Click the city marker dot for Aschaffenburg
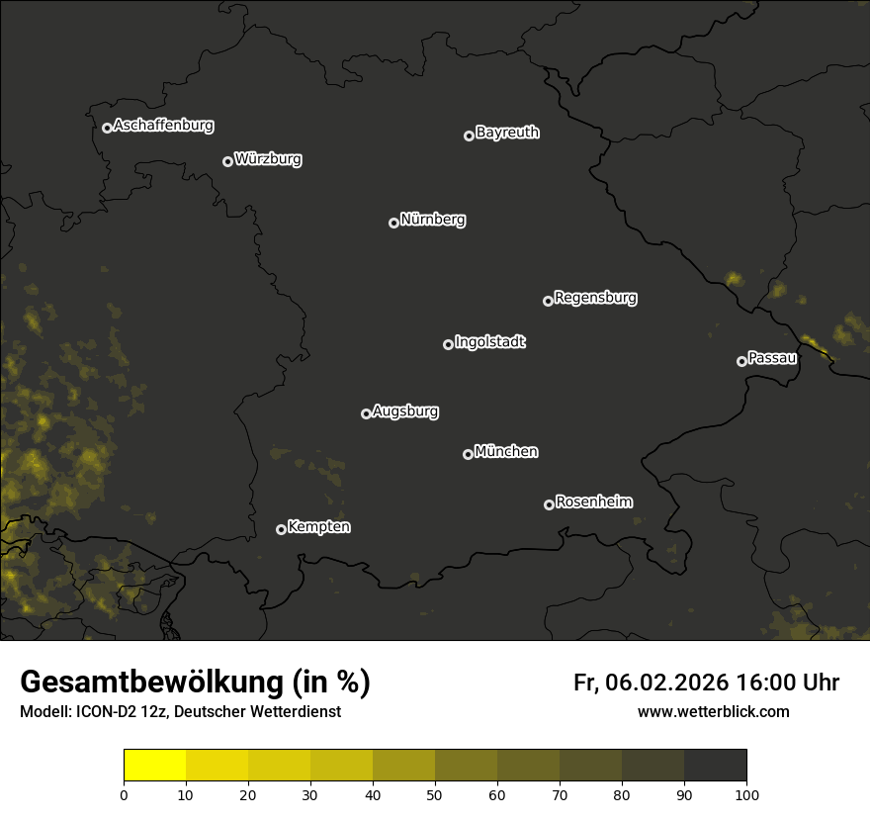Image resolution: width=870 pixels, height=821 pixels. [107, 128]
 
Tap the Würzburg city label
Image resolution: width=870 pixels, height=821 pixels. [268, 159]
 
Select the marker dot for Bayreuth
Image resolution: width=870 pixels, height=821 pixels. [469, 136]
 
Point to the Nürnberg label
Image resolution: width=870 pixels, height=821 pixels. [433, 220]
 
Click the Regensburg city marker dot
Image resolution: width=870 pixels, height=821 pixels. [548, 301]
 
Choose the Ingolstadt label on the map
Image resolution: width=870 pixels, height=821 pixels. [490, 342]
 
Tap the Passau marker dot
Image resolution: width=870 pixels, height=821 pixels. [741, 361]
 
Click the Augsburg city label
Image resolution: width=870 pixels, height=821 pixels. [405, 411]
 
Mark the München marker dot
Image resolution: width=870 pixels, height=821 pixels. [468, 454]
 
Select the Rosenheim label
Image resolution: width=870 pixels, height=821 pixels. [594, 502]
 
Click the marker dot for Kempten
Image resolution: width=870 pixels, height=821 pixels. [281, 529]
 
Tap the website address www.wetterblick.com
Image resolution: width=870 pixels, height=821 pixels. [713, 711]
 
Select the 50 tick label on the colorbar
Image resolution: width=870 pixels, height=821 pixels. [435, 793]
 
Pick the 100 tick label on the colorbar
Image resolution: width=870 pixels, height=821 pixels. [746, 793]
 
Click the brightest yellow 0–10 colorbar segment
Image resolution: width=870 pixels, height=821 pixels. [155, 766]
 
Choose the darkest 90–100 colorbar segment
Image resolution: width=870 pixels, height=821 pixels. [715, 766]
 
